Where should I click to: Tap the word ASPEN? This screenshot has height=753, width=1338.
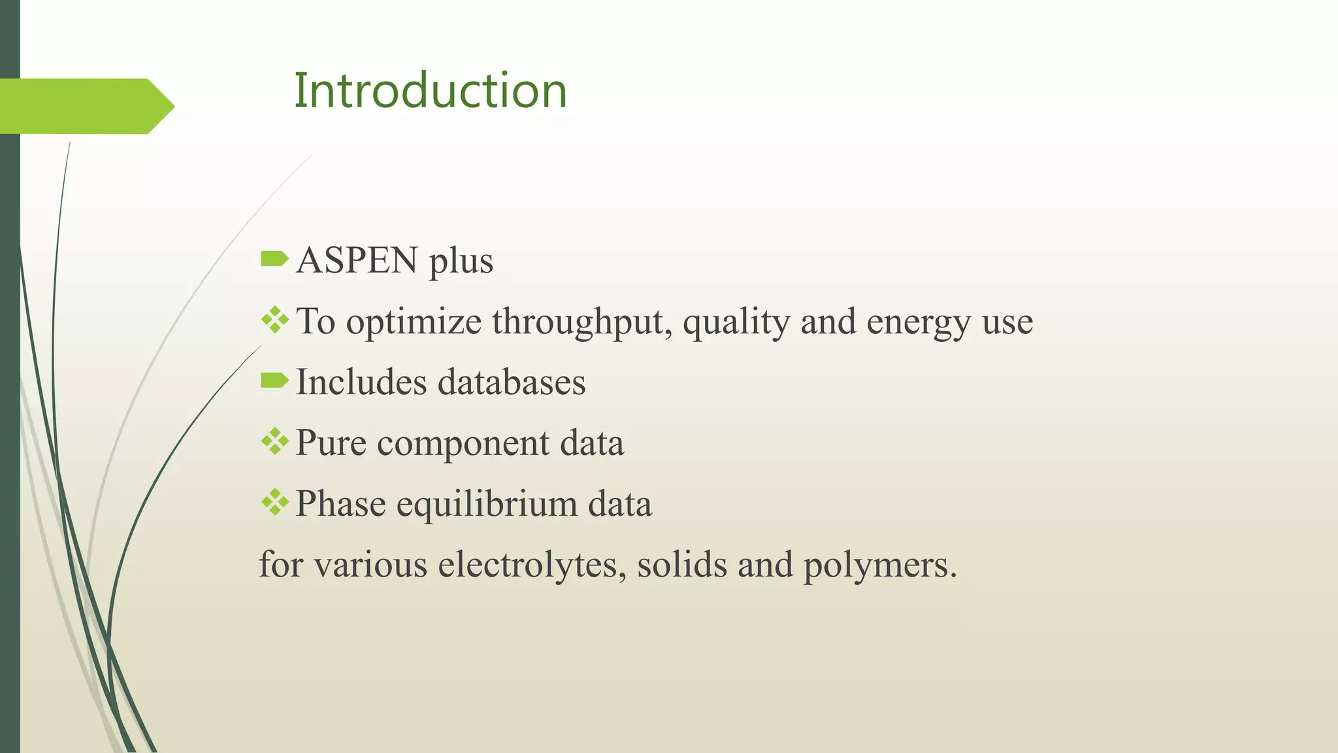point(357,260)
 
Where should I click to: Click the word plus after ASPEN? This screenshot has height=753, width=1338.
point(461,261)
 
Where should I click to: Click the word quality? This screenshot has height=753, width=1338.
point(736,322)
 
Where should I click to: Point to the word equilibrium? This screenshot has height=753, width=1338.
point(487,504)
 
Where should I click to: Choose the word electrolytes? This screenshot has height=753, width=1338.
point(528,564)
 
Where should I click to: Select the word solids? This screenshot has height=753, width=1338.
point(682,564)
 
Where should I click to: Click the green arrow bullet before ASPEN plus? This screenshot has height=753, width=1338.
point(274,259)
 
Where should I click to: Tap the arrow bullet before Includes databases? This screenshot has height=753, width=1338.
point(274,380)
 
